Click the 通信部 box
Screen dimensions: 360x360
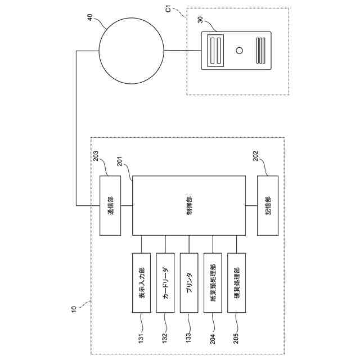click(x=110, y=205)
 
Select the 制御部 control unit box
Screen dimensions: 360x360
click(x=188, y=205)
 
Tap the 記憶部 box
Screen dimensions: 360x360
click(x=267, y=205)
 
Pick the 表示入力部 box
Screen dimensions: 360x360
click(x=141, y=282)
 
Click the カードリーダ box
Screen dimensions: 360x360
click(x=165, y=282)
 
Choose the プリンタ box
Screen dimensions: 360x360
click(x=189, y=282)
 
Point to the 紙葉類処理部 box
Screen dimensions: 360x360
click(x=213, y=282)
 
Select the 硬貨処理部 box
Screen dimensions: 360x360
click(x=236, y=282)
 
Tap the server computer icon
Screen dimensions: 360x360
click(x=236, y=51)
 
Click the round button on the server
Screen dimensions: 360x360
click(x=240, y=51)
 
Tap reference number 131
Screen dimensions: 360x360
click(x=141, y=339)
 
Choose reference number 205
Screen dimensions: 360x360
click(x=236, y=339)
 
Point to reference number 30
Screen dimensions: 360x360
click(x=201, y=19)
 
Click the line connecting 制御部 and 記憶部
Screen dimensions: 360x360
click(x=251, y=205)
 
